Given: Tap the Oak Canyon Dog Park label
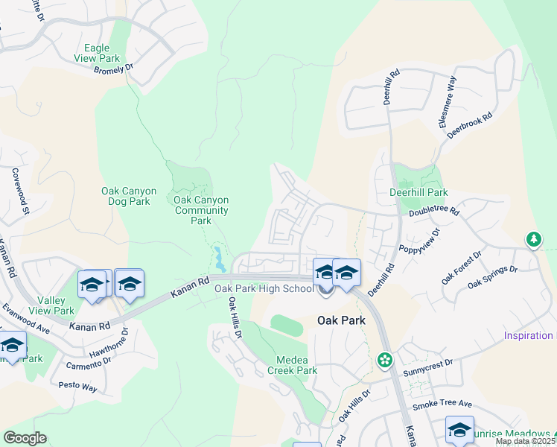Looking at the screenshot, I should tap(129, 197).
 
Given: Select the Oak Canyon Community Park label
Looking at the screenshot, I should tap(201, 210).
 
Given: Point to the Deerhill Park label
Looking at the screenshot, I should tap(418, 192).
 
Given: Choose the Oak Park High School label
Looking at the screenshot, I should tap(264, 289).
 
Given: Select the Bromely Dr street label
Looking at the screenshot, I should tap(113, 69).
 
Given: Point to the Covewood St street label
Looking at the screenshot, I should tap(19, 191).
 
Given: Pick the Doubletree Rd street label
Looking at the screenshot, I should tap(434, 212).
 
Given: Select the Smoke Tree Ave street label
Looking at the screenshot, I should tap(442, 404).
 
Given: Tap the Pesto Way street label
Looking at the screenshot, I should tap(78, 387).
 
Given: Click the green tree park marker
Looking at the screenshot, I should tap(533, 239).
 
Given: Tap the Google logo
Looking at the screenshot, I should tap(25, 438).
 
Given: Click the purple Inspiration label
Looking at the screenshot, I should tap(529, 336).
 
